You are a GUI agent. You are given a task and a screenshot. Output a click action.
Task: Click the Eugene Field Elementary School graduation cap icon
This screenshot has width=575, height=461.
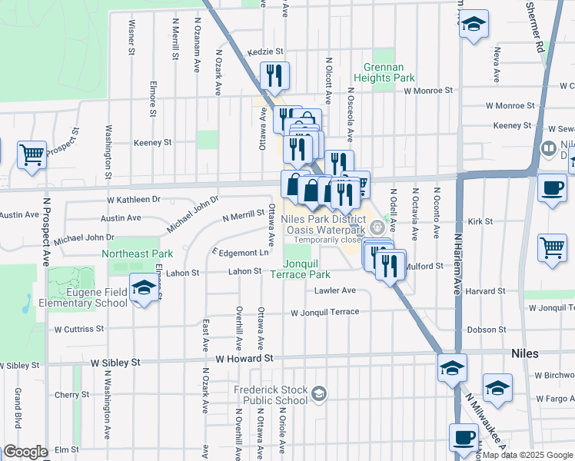(x=144, y=287)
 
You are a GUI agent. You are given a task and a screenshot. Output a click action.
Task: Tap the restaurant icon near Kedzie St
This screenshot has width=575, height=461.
(x=274, y=75)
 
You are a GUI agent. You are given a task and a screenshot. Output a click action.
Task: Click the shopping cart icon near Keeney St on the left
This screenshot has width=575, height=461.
(x=32, y=154)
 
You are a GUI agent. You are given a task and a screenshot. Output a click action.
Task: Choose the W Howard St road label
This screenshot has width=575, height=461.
(x=244, y=359)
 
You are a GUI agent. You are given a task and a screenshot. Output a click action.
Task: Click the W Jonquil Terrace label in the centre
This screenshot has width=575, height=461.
(x=324, y=312)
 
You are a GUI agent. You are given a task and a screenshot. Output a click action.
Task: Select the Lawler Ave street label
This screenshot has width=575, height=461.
(x=334, y=290)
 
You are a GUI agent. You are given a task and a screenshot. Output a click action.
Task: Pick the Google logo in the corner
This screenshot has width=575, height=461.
(x=25, y=452)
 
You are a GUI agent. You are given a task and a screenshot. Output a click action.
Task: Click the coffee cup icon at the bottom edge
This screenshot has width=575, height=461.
(x=463, y=437)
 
